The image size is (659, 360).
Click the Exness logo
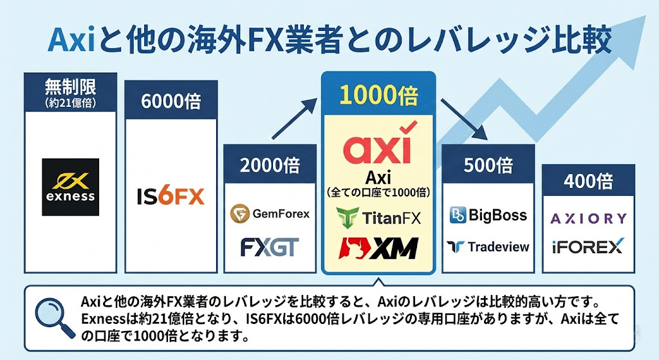pos(70,187)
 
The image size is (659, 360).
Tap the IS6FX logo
pos(171,194)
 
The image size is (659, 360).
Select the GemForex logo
pos(270,213)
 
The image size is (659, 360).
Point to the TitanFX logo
pos(378,218)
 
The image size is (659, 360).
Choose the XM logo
pos(378,248)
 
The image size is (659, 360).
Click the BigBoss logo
pos(488,215)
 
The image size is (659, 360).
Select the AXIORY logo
pos(588,218)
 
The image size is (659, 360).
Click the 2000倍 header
pos(270,165)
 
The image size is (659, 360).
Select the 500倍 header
pos(488,165)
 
